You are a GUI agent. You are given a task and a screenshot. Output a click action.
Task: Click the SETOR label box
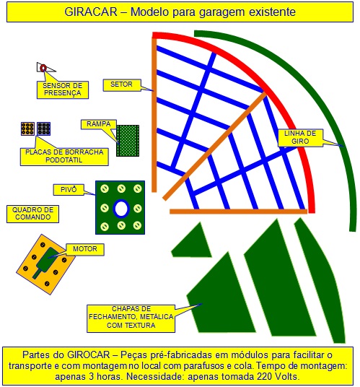coord(121,85)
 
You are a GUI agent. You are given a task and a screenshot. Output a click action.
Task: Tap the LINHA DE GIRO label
coord(300,137)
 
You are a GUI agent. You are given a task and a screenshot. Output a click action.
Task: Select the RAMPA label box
coord(98,124)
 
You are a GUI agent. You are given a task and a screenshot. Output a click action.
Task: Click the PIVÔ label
coord(69,190)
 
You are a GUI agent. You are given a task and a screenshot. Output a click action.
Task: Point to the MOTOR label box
coord(85,249)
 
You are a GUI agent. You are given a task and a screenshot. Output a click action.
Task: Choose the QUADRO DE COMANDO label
coord(32,214)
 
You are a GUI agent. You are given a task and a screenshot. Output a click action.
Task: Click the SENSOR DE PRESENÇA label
coord(63,90)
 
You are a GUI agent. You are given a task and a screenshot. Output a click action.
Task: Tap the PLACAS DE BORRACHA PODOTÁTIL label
coord(64,156)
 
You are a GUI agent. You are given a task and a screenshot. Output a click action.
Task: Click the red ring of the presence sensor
coord(43,68)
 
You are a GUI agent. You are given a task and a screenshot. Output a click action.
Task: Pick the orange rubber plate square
coord(27,129)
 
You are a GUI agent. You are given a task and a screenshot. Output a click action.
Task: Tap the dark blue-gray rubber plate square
coord(43,129)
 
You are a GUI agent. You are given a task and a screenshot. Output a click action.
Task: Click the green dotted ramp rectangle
coord(128,141)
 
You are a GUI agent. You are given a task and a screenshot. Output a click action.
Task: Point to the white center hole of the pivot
coord(121,209)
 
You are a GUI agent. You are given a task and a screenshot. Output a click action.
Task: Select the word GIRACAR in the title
coord(91,12)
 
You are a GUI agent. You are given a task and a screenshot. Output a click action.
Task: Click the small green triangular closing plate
coord(193,243)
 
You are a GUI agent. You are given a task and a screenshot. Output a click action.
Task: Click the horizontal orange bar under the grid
coord(239,212)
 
